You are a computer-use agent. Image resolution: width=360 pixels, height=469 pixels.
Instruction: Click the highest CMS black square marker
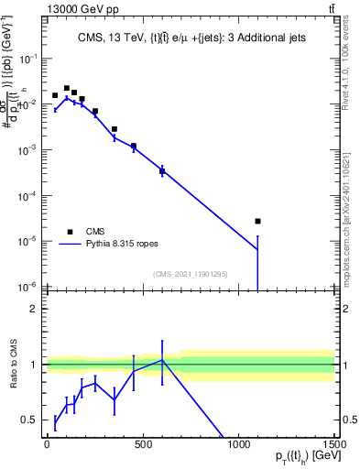coord(66,88)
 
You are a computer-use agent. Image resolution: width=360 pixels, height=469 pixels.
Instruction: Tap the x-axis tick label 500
coord(143,446)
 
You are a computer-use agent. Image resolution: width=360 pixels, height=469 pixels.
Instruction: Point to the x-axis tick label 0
coord(47,446)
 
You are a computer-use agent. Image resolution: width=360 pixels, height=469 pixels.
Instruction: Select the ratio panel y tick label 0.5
coord(28,420)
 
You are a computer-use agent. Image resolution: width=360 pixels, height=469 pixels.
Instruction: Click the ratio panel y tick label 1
coord(32,365)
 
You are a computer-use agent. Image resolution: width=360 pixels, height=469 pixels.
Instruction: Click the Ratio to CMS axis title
coord(13,376)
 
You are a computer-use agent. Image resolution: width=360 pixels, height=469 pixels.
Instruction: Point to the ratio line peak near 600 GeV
coord(162,360)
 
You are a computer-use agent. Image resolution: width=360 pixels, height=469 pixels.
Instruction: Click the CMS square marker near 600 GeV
coord(162,170)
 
